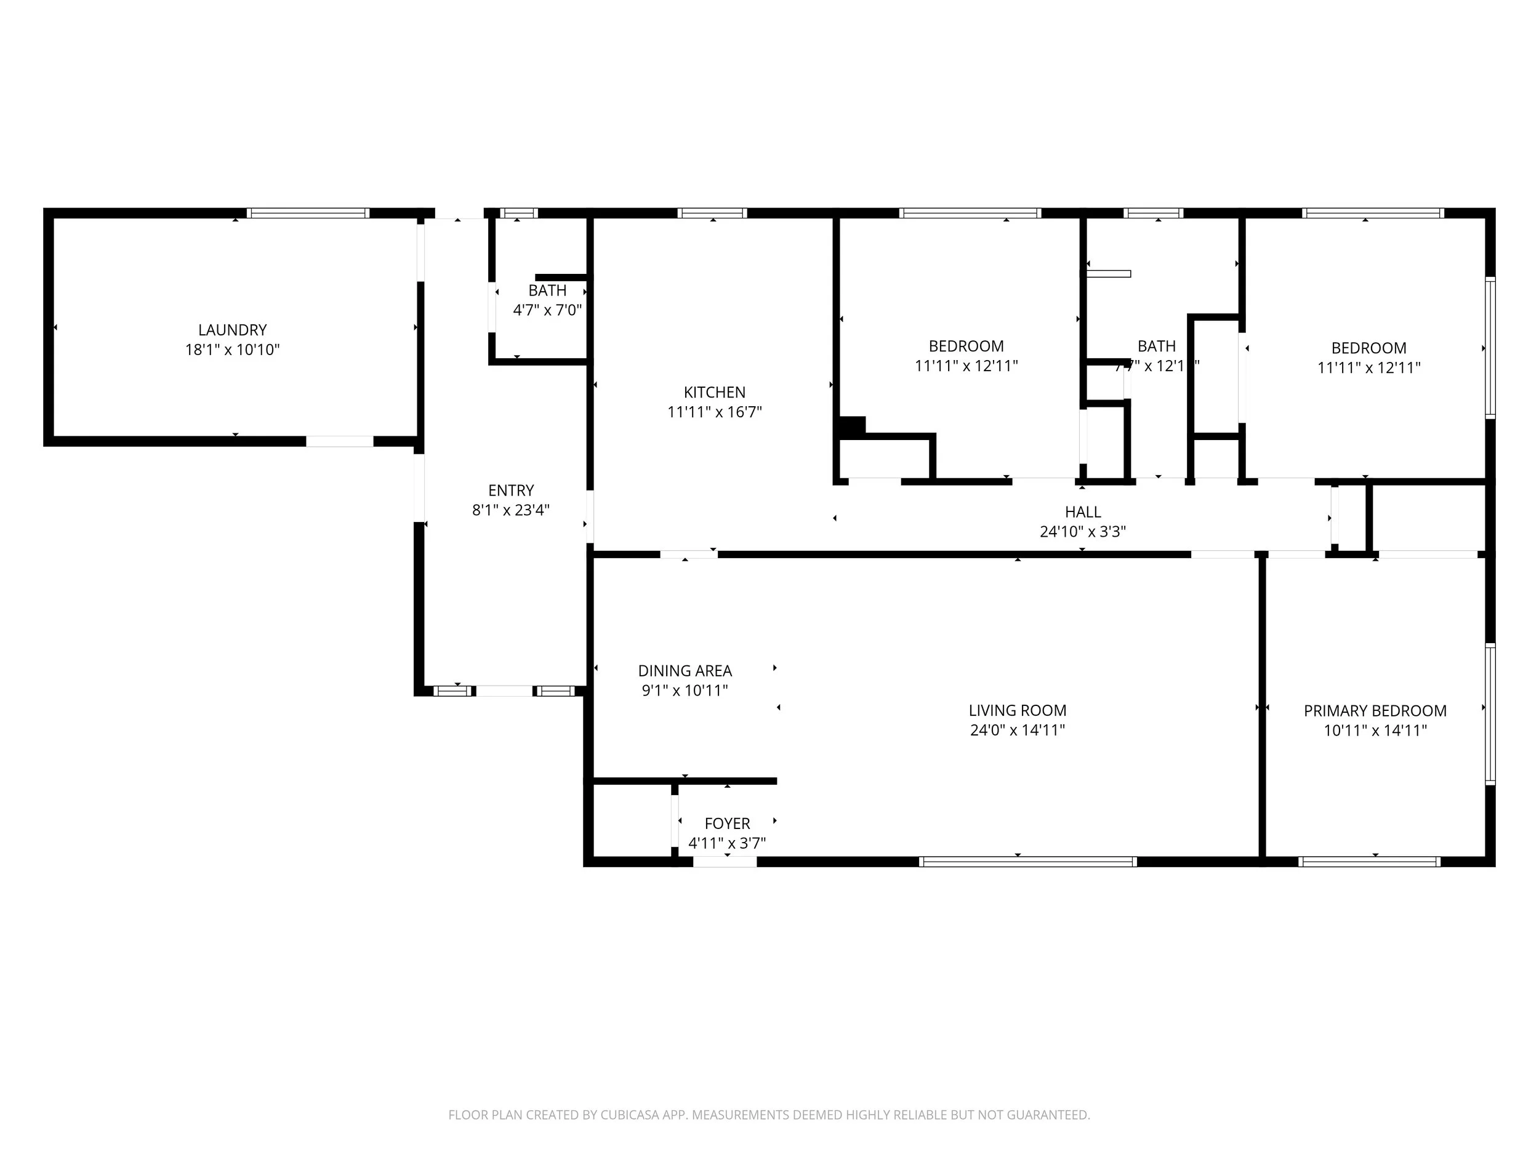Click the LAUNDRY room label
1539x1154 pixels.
tap(232, 330)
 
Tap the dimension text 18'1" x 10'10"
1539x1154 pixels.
tap(232, 350)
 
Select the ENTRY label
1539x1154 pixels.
tap(511, 491)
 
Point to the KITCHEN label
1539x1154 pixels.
tap(715, 392)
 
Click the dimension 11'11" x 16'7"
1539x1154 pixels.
tap(715, 412)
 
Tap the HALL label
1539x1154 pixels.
tap(1083, 512)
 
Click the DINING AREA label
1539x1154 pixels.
tap(685, 671)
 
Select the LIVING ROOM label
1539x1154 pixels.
tap(1017, 710)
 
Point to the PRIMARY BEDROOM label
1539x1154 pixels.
tap(1375, 711)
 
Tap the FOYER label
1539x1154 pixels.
tap(727, 823)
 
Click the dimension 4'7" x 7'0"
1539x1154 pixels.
tap(547, 310)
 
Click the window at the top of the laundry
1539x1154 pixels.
tap(308, 214)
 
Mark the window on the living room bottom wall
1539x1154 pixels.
tap(1027, 862)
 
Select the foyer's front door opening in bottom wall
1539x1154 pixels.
tap(725, 862)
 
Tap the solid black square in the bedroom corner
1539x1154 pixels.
tap(852, 427)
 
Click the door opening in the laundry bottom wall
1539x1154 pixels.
tap(340, 442)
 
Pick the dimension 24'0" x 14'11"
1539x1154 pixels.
tap(1017, 731)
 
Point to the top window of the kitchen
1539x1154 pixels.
tap(712, 214)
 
